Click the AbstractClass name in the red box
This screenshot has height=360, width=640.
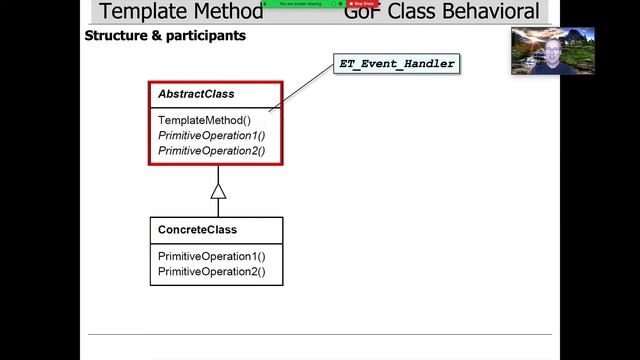[x=196, y=94]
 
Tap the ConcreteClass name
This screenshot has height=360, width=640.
[x=197, y=230]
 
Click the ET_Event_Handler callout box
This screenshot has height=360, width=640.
[x=397, y=64]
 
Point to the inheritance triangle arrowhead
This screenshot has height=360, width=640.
[x=218, y=191]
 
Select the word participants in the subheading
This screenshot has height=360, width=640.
[x=207, y=36]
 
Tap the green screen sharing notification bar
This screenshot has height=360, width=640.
[x=301, y=4]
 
